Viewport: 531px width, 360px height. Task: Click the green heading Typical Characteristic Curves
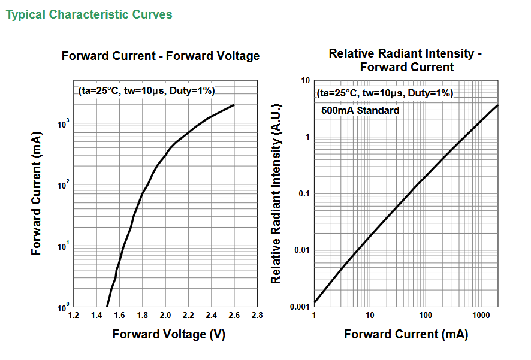(x=89, y=14)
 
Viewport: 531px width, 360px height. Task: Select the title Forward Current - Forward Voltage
(x=161, y=56)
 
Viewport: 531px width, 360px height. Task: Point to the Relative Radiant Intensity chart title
(x=405, y=60)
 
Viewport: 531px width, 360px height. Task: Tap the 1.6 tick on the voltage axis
(x=119, y=315)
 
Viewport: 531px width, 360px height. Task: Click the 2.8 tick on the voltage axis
(x=257, y=315)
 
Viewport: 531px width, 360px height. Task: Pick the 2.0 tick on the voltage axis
(x=165, y=315)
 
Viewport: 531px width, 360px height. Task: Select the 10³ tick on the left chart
(x=64, y=123)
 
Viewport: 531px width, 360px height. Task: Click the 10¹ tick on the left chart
(x=64, y=246)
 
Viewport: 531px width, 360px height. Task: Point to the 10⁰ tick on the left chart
(x=64, y=307)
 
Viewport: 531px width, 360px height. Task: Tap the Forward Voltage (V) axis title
(x=168, y=334)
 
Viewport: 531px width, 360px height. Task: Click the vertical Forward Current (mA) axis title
(x=36, y=193)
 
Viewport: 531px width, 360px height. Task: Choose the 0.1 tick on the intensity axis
(x=304, y=194)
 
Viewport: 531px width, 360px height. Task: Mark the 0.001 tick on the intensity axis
(x=300, y=307)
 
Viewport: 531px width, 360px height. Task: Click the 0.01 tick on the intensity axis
(x=302, y=250)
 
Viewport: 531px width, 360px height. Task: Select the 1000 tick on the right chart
(x=481, y=315)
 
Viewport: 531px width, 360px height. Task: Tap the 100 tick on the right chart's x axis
(x=426, y=315)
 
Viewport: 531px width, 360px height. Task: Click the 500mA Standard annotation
(x=360, y=110)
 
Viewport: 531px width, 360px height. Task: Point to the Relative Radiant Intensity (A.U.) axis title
(x=276, y=193)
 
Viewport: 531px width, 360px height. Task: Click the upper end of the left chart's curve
(x=234, y=105)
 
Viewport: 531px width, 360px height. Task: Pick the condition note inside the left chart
(x=147, y=91)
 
